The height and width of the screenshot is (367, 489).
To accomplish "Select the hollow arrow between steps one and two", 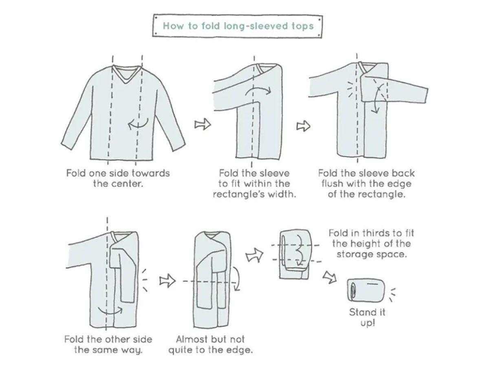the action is [203, 124].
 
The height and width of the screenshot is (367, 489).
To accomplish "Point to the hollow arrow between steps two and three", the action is [303, 126].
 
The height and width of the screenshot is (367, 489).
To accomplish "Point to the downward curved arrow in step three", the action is [377, 98].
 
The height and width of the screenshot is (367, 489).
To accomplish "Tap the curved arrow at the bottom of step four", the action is [110, 310].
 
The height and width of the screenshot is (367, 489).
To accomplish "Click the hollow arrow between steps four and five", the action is [167, 281].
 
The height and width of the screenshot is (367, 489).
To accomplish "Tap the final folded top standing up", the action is [366, 290].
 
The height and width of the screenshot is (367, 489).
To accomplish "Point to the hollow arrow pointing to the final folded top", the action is [330, 277].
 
